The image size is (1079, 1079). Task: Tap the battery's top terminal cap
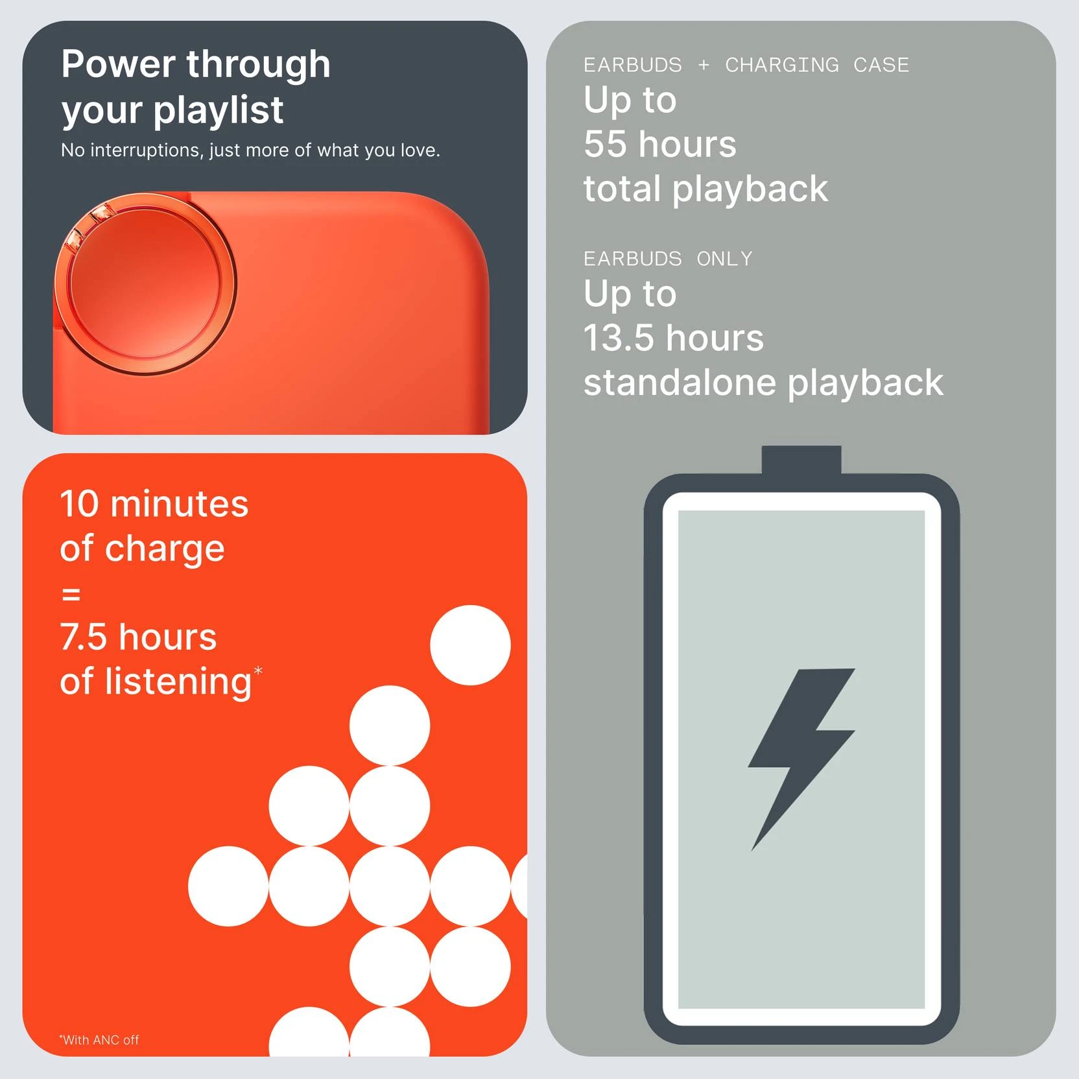[x=801, y=460]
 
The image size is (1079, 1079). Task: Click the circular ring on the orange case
[x=145, y=283]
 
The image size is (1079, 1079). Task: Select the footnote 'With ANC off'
[x=99, y=1039]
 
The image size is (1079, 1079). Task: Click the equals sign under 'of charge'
[x=71, y=594]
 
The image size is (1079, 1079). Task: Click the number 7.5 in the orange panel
[x=83, y=637]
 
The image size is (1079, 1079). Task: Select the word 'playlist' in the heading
[x=218, y=109]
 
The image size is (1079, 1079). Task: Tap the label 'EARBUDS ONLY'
[x=668, y=259]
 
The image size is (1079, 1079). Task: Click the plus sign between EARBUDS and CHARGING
[x=704, y=65]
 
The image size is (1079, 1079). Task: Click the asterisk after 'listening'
[x=258, y=670]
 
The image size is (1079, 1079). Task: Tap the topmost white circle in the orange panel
[x=470, y=645]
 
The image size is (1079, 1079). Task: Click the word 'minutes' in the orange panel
[x=180, y=504]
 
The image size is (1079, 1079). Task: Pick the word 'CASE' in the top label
[x=881, y=65]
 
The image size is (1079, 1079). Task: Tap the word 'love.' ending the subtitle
[x=420, y=150]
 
